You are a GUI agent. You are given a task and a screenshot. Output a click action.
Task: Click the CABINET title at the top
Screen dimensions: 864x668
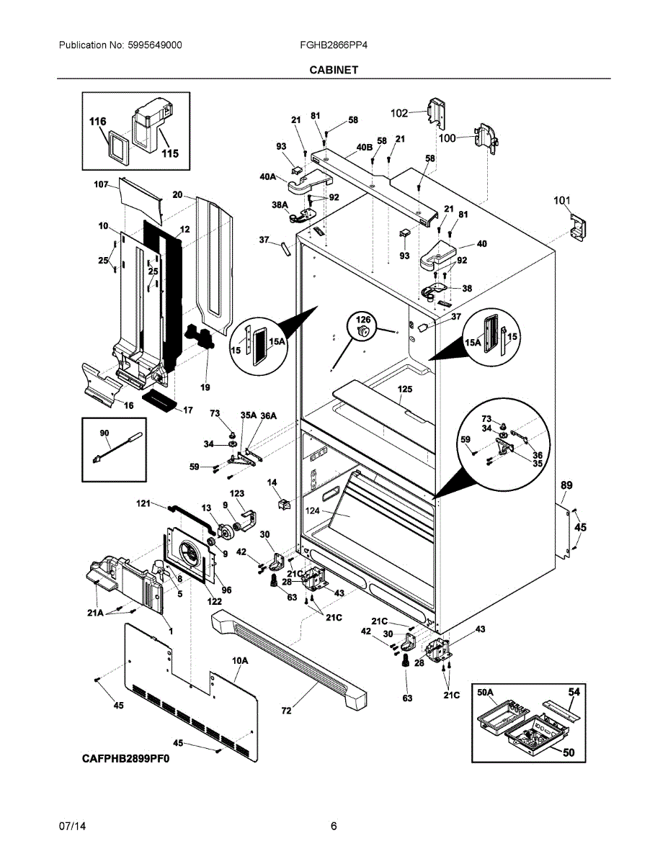(x=334, y=70)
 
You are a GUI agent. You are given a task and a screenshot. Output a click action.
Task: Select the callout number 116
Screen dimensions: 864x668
(x=97, y=122)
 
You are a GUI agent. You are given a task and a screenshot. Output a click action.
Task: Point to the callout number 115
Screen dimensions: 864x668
(x=169, y=153)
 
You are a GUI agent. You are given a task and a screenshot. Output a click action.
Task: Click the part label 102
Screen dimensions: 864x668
(x=399, y=112)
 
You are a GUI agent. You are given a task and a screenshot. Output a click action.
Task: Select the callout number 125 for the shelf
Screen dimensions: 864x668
(x=404, y=389)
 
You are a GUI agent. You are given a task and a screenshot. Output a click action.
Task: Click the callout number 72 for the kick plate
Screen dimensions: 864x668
(x=286, y=711)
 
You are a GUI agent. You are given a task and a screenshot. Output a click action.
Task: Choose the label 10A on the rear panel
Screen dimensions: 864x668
(x=239, y=660)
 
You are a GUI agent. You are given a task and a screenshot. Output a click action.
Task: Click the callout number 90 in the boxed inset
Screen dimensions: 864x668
(x=104, y=433)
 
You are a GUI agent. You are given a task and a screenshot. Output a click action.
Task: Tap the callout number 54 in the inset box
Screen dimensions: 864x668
(x=573, y=692)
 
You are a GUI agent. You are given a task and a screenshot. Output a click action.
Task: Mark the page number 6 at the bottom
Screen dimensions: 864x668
(x=334, y=826)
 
